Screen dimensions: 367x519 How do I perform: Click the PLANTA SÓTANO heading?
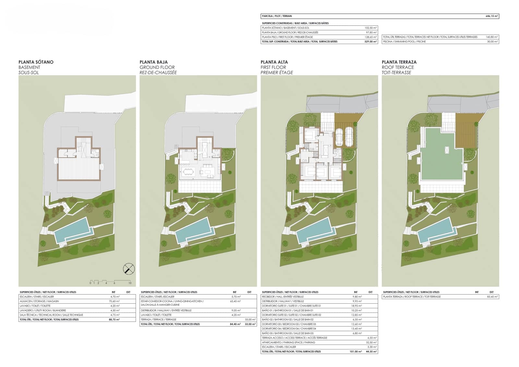pos(36,62)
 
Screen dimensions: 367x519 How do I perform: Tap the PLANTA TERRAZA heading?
pos(399,62)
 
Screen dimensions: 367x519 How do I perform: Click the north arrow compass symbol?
pos(129,269)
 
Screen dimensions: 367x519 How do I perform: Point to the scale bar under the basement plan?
pos(110,281)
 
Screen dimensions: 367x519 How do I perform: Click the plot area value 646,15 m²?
pos(492,16)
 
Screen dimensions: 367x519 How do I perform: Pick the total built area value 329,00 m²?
pos(370,42)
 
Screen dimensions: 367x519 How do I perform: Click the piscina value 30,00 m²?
pos(492,42)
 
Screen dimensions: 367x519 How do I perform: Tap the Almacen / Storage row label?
pos(37,301)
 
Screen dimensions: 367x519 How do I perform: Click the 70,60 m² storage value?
pos(115,301)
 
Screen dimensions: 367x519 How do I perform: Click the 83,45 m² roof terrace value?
pos(492,297)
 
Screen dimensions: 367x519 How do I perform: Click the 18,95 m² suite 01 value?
pos(357,306)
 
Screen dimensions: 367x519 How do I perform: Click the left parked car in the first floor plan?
pos(339,137)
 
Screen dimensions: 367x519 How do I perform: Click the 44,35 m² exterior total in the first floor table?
pos(372,351)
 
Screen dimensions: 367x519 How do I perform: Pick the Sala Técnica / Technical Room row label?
pos(51,315)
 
